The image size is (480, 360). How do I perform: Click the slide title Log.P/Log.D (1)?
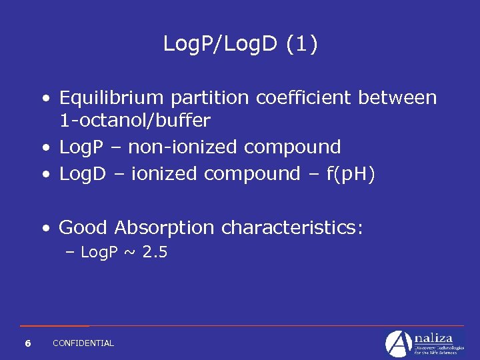pyautogui.click(x=241, y=45)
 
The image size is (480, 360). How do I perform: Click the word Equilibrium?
pyautogui.click(x=111, y=99)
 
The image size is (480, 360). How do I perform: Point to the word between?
pyautogui.click(x=398, y=98)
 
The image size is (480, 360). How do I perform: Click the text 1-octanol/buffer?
pyautogui.click(x=135, y=121)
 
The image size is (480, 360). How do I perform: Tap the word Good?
pyautogui.click(x=83, y=228)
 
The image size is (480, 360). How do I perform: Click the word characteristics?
pyautogui.click(x=292, y=228)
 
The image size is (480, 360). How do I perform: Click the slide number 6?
pyautogui.click(x=27, y=343)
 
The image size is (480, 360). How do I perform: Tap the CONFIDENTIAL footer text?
pyautogui.click(x=83, y=343)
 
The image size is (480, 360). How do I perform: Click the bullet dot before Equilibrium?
pyautogui.click(x=45, y=99)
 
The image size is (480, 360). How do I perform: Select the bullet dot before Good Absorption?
pyautogui.click(x=45, y=229)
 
